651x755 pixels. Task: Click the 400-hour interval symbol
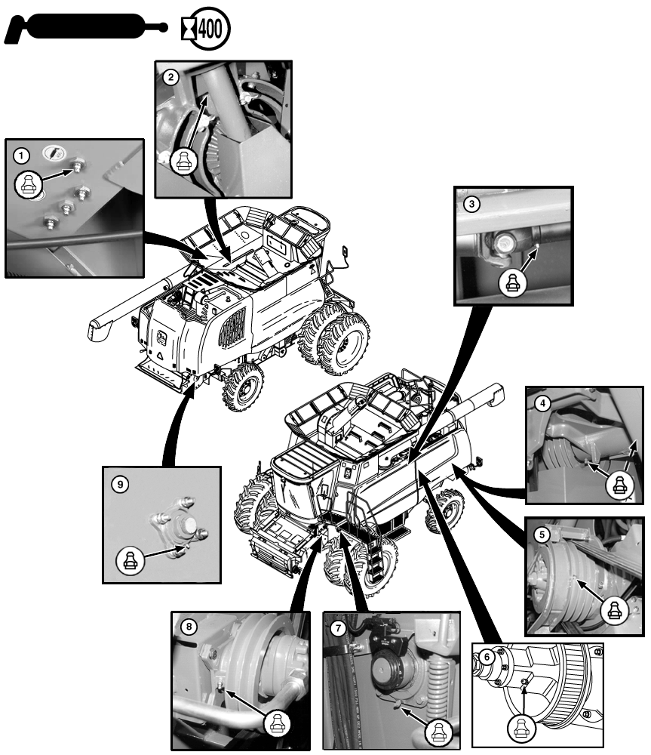tap(205, 29)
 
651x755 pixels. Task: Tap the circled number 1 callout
tap(20, 156)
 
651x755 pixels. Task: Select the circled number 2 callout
tap(170, 77)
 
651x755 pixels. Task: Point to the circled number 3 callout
tap(471, 204)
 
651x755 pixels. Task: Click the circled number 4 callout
tap(542, 403)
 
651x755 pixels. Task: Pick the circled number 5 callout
tap(542, 535)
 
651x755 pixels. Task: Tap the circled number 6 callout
tap(487, 657)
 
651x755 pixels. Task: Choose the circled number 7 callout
tap(338, 628)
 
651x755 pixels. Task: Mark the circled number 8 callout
tap(189, 627)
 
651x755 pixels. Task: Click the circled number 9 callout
tap(120, 484)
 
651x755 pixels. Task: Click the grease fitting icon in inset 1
tap(29, 184)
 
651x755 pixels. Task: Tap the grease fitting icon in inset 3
tap(512, 284)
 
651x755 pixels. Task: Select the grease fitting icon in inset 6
tap(522, 727)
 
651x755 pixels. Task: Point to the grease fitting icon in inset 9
tap(130, 560)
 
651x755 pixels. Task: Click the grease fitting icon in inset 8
tap(277, 723)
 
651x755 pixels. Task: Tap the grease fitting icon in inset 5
tap(615, 611)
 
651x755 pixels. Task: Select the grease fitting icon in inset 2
tap(184, 161)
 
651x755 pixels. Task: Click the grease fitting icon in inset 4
tap(620, 484)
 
